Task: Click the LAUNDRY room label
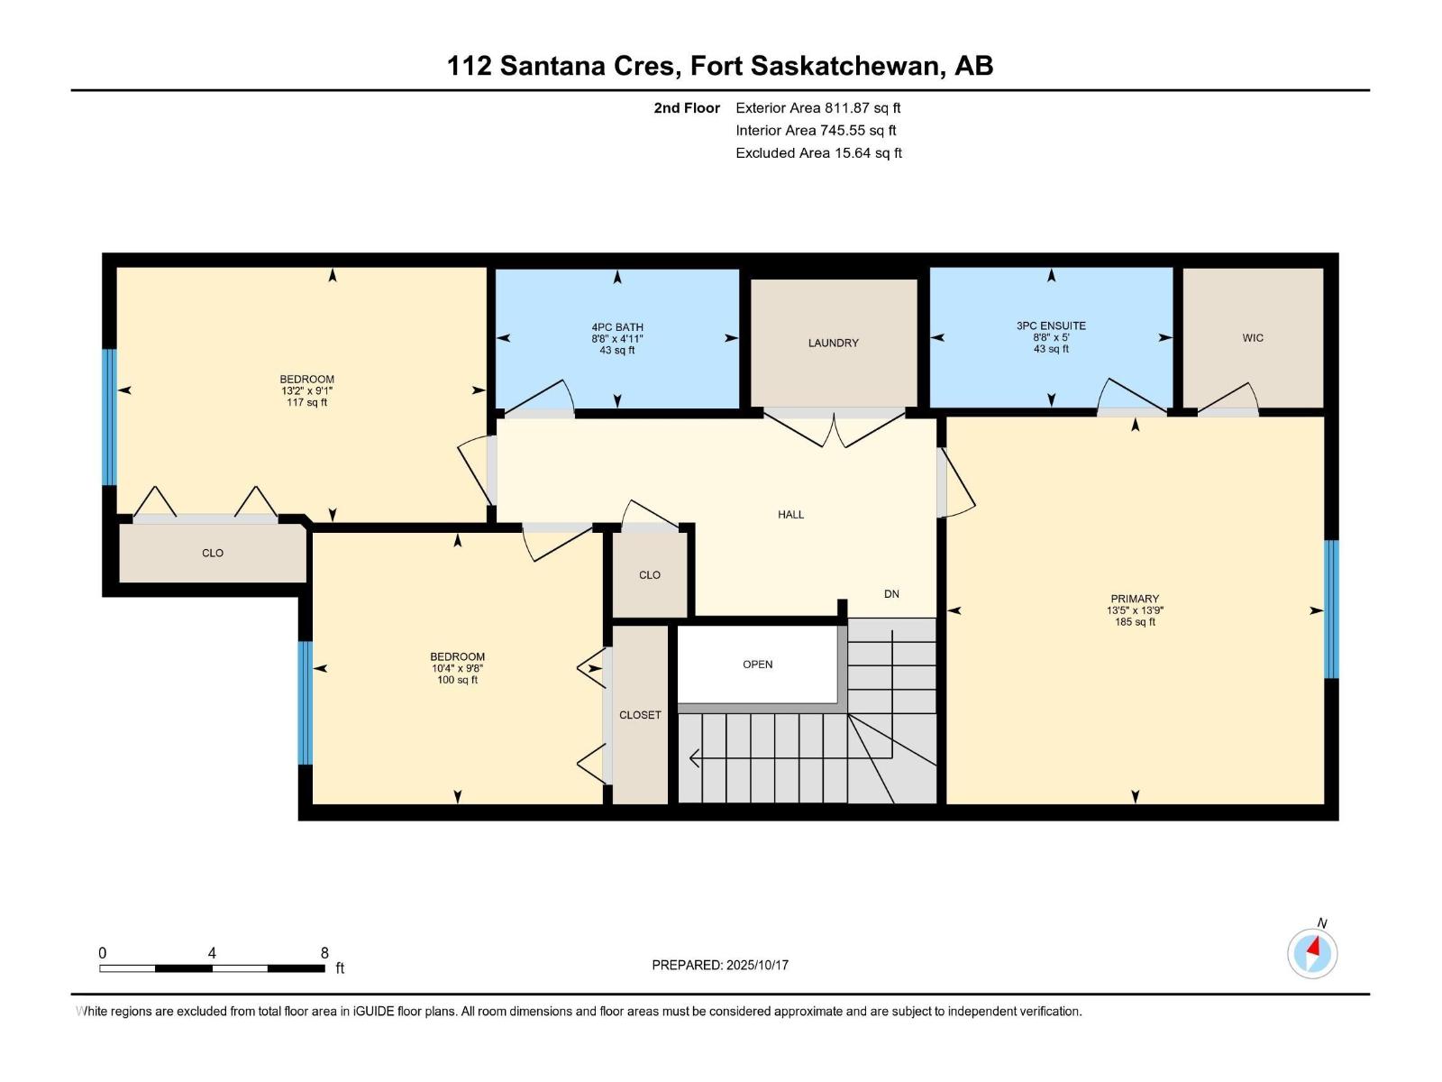pyautogui.click(x=833, y=343)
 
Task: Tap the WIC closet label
pyautogui.click(x=1253, y=338)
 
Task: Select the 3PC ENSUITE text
pyautogui.click(x=1051, y=326)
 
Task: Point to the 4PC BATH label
pyautogui.click(x=617, y=327)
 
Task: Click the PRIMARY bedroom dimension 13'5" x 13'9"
pyautogui.click(x=1135, y=610)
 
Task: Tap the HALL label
pyautogui.click(x=790, y=515)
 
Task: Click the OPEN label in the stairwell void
pyautogui.click(x=757, y=665)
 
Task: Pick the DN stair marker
pyautogui.click(x=891, y=594)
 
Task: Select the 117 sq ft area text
pyautogui.click(x=306, y=403)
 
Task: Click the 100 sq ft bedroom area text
pyautogui.click(x=457, y=680)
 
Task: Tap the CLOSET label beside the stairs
pyautogui.click(x=640, y=715)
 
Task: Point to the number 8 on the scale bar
pyautogui.click(x=324, y=953)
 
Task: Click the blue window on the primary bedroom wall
pyautogui.click(x=1331, y=610)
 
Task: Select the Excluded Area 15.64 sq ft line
pyautogui.click(x=818, y=153)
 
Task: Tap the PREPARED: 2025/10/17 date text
pyautogui.click(x=720, y=965)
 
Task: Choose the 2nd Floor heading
pyautogui.click(x=687, y=108)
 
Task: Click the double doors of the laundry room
pyautogui.click(x=835, y=429)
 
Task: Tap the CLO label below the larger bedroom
pyautogui.click(x=212, y=554)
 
